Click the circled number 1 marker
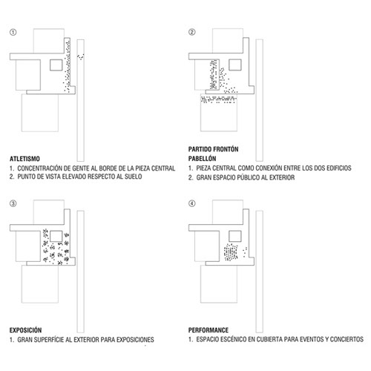pyautogui.click(x=13, y=32)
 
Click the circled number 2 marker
pyautogui.click(x=192, y=32)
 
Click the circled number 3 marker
pyautogui.click(x=13, y=203)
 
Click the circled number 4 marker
pyautogui.click(x=192, y=203)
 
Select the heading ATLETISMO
pyautogui.click(x=24, y=159)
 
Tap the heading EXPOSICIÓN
pyautogui.click(x=25, y=330)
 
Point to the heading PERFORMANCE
pyautogui.click(x=209, y=330)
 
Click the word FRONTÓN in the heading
pyautogui.click(x=226, y=149)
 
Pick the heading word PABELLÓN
pyautogui.click(x=202, y=159)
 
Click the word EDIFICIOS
pyautogui.click(x=339, y=168)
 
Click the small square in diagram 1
pyautogui.click(x=56, y=65)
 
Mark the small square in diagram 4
pyautogui.click(x=235, y=236)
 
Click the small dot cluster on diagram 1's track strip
pyautogui.click(x=81, y=57)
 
